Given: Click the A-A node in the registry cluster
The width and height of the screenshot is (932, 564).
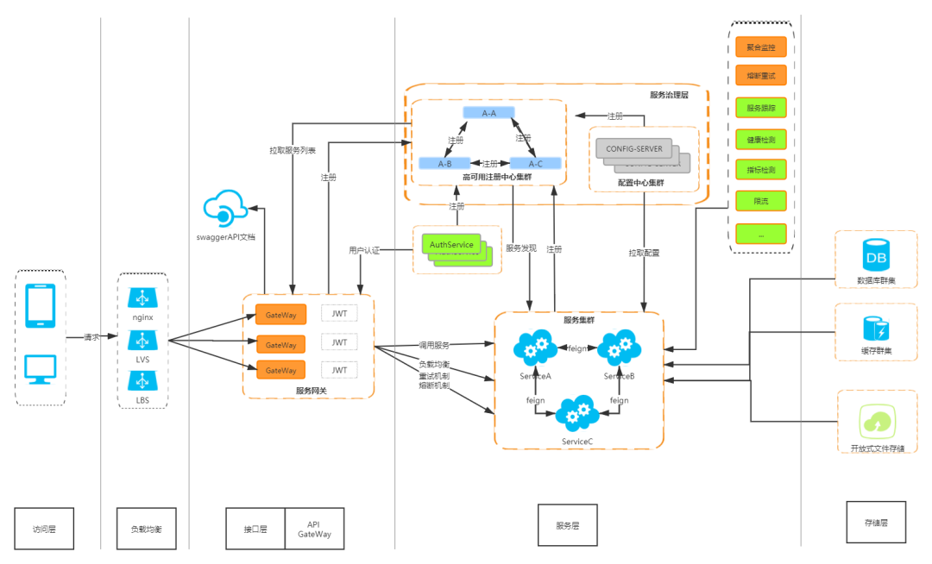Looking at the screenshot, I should [x=488, y=113].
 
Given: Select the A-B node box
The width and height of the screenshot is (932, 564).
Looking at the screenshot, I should [x=444, y=163].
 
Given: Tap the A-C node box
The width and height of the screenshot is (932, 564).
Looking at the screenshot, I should [x=535, y=163].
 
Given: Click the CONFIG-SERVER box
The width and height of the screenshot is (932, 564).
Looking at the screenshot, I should [x=633, y=149].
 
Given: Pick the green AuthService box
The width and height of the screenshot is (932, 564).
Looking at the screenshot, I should [x=451, y=245].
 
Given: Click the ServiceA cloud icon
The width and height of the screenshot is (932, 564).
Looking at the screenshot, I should [x=536, y=348].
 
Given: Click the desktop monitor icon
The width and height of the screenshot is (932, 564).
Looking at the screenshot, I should [x=41, y=369].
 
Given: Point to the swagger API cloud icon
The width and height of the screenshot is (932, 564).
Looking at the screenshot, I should [x=225, y=209].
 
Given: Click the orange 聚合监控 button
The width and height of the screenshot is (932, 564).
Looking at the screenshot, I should [x=760, y=47].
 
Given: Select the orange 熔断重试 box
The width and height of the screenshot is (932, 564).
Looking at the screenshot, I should [x=760, y=77].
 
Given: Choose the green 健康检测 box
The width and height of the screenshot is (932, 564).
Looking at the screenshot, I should [x=760, y=139].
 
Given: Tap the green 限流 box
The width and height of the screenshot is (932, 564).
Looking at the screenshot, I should [x=760, y=202].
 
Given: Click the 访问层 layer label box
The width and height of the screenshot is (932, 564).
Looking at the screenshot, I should [x=44, y=529].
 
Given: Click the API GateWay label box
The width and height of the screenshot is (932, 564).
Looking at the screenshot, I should [x=314, y=529].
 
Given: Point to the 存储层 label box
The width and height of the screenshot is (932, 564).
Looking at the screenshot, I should [x=876, y=522].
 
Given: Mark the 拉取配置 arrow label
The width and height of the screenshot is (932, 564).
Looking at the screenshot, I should [x=644, y=253].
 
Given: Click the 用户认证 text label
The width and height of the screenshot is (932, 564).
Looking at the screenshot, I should [x=364, y=249].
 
